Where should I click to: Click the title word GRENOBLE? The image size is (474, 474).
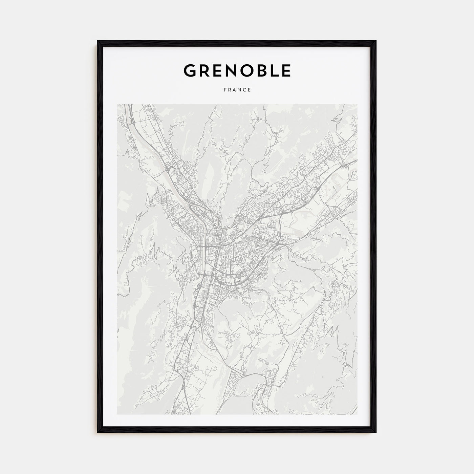237,70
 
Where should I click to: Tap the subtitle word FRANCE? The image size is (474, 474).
237,90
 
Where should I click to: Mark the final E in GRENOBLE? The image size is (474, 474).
286,70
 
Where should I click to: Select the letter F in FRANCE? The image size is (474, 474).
224,90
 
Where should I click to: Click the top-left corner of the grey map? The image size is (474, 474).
117,104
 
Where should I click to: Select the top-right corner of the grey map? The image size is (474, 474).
357,104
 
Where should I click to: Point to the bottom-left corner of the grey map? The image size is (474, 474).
117,414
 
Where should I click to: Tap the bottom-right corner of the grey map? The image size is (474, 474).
357,414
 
